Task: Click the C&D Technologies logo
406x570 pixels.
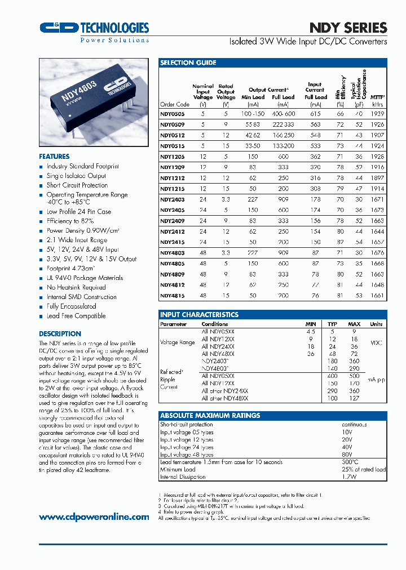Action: coord(94,28)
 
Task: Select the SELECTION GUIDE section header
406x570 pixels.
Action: coord(188,63)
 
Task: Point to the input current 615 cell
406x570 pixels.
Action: coord(315,113)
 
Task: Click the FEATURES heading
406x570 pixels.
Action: coord(54,156)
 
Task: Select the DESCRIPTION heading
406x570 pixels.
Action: coord(60,333)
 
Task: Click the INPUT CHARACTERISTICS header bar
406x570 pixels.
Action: coord(199,315)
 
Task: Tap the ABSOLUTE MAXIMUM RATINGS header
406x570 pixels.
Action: coord(210,416)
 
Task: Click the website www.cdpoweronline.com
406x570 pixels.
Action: coord(94,517)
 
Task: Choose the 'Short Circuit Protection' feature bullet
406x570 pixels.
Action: coord(77,185)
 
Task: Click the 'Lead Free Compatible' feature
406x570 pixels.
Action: coord(76,316)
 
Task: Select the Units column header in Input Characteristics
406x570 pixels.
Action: coord(376,324)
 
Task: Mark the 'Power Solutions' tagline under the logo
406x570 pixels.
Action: coord(114,40)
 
